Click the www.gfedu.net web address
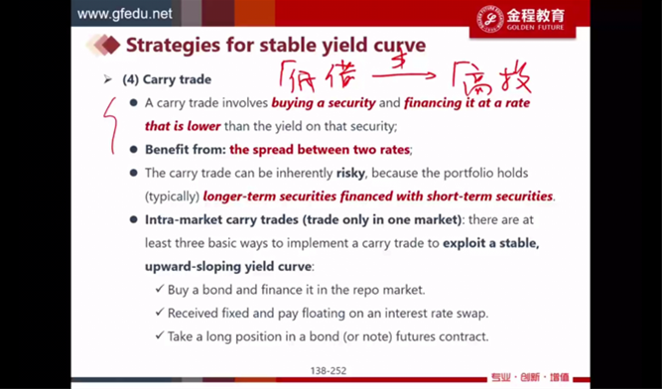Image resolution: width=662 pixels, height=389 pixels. [x=124, y=14]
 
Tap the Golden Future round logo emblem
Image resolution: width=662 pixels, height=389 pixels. [x=489, y=19]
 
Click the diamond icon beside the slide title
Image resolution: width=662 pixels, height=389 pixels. [x=104, y=46]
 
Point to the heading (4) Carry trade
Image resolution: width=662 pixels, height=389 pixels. [x=167, y=79]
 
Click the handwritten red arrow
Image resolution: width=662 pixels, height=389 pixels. [x=404, y=75]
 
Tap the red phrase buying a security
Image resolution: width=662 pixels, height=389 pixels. [x=324, y=103]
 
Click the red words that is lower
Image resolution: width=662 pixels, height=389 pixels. [x=183, y=126]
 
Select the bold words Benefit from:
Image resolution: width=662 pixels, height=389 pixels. [x=186, y=150]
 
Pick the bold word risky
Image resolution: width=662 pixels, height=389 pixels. [x=350, y=174]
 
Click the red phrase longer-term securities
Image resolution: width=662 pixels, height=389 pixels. [x=270, y=196]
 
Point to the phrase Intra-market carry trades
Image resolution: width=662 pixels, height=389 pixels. [x=221, y=220]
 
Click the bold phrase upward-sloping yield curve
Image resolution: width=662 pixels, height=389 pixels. [x=228, y=267]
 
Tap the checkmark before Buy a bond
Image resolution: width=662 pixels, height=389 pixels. [x=160, y=289]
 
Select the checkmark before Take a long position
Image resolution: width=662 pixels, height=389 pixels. [x=160, y=335]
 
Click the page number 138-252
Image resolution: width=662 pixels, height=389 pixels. [x=329, y=371]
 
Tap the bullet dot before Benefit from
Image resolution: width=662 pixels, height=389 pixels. [x=134, y=150]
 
